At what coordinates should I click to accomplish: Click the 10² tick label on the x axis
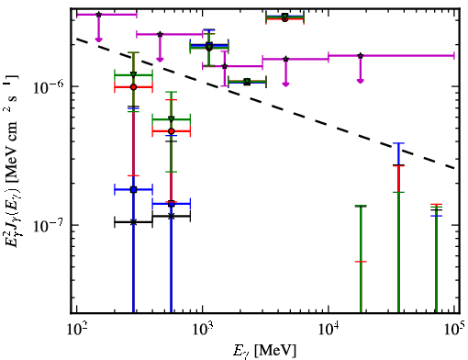[76, 330]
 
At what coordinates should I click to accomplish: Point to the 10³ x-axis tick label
[203, 330]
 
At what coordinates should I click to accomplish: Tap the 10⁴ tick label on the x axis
[329, 330]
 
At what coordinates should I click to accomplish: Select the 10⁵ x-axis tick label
[455, 330]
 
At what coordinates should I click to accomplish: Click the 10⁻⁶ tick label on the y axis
[49, 86]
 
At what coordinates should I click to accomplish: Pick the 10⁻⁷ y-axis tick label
[49, 225]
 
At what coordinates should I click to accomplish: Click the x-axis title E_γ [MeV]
[264, 351]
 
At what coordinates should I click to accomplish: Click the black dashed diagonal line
[266, 104]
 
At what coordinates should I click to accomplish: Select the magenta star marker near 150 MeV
[98, 15]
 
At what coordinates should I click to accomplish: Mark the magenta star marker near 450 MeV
[160, 34]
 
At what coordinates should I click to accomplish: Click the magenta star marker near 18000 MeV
[361, 56]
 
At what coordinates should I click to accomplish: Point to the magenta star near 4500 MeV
[285, 59]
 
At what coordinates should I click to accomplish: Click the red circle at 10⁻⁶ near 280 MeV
[133, 87]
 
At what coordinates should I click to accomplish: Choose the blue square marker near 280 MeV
[133, 189]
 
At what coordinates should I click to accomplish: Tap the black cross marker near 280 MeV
[133, 222]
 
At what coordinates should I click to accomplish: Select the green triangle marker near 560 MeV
[172, 119]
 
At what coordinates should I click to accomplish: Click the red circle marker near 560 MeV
[172, 131]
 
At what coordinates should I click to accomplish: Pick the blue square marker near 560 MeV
[172, 204]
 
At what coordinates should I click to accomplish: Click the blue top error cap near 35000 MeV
[398, 143]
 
